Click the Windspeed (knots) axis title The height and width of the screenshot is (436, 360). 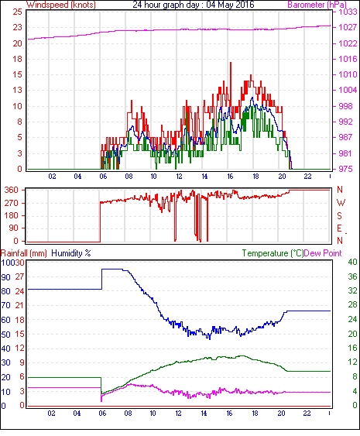60,5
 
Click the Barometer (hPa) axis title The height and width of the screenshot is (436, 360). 317,5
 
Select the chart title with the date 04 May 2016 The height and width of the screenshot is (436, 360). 194,5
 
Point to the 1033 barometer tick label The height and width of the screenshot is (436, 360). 348,12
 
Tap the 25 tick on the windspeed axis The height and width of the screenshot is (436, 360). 17,12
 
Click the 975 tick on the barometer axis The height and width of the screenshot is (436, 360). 346,169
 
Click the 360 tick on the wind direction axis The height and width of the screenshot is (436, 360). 11,191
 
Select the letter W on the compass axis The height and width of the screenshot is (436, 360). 341,203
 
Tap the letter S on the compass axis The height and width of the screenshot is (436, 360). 339,215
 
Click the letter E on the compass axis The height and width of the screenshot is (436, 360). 339,228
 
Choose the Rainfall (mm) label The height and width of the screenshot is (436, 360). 24,253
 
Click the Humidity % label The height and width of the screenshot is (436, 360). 71,253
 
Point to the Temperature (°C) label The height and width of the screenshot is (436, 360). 273,253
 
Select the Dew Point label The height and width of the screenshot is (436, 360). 323,253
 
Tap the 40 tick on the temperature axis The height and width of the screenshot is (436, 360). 352,262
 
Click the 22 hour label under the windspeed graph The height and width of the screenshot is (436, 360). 307,177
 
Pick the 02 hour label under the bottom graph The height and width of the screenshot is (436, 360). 51,414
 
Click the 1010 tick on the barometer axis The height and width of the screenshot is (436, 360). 348,75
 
